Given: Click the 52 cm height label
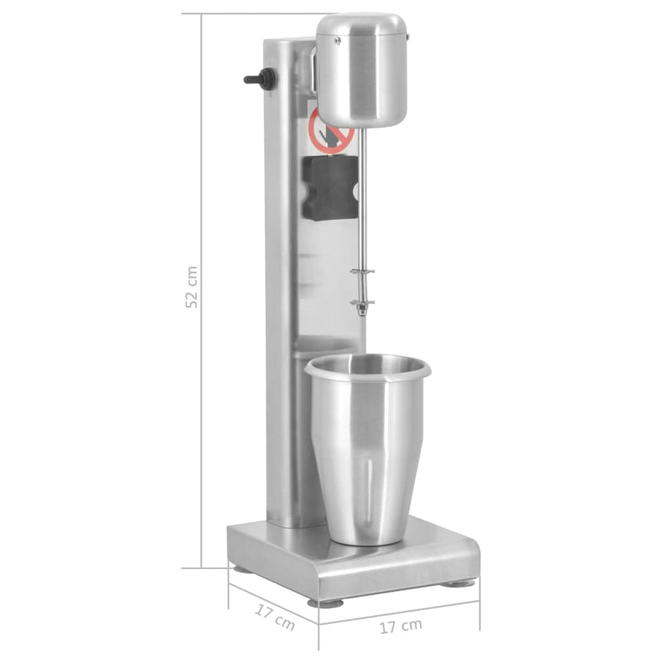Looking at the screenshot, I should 191,287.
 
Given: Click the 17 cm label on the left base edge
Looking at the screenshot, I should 274,617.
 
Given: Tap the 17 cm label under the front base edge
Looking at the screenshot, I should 401,626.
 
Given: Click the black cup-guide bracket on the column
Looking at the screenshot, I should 329,188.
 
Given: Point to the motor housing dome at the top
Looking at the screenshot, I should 362,66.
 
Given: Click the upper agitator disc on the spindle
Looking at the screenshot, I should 362,271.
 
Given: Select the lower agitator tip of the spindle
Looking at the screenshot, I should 362,307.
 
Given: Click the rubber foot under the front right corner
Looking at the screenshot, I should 457,583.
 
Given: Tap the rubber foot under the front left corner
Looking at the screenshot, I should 324,602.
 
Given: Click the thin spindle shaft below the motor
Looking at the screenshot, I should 362,207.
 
